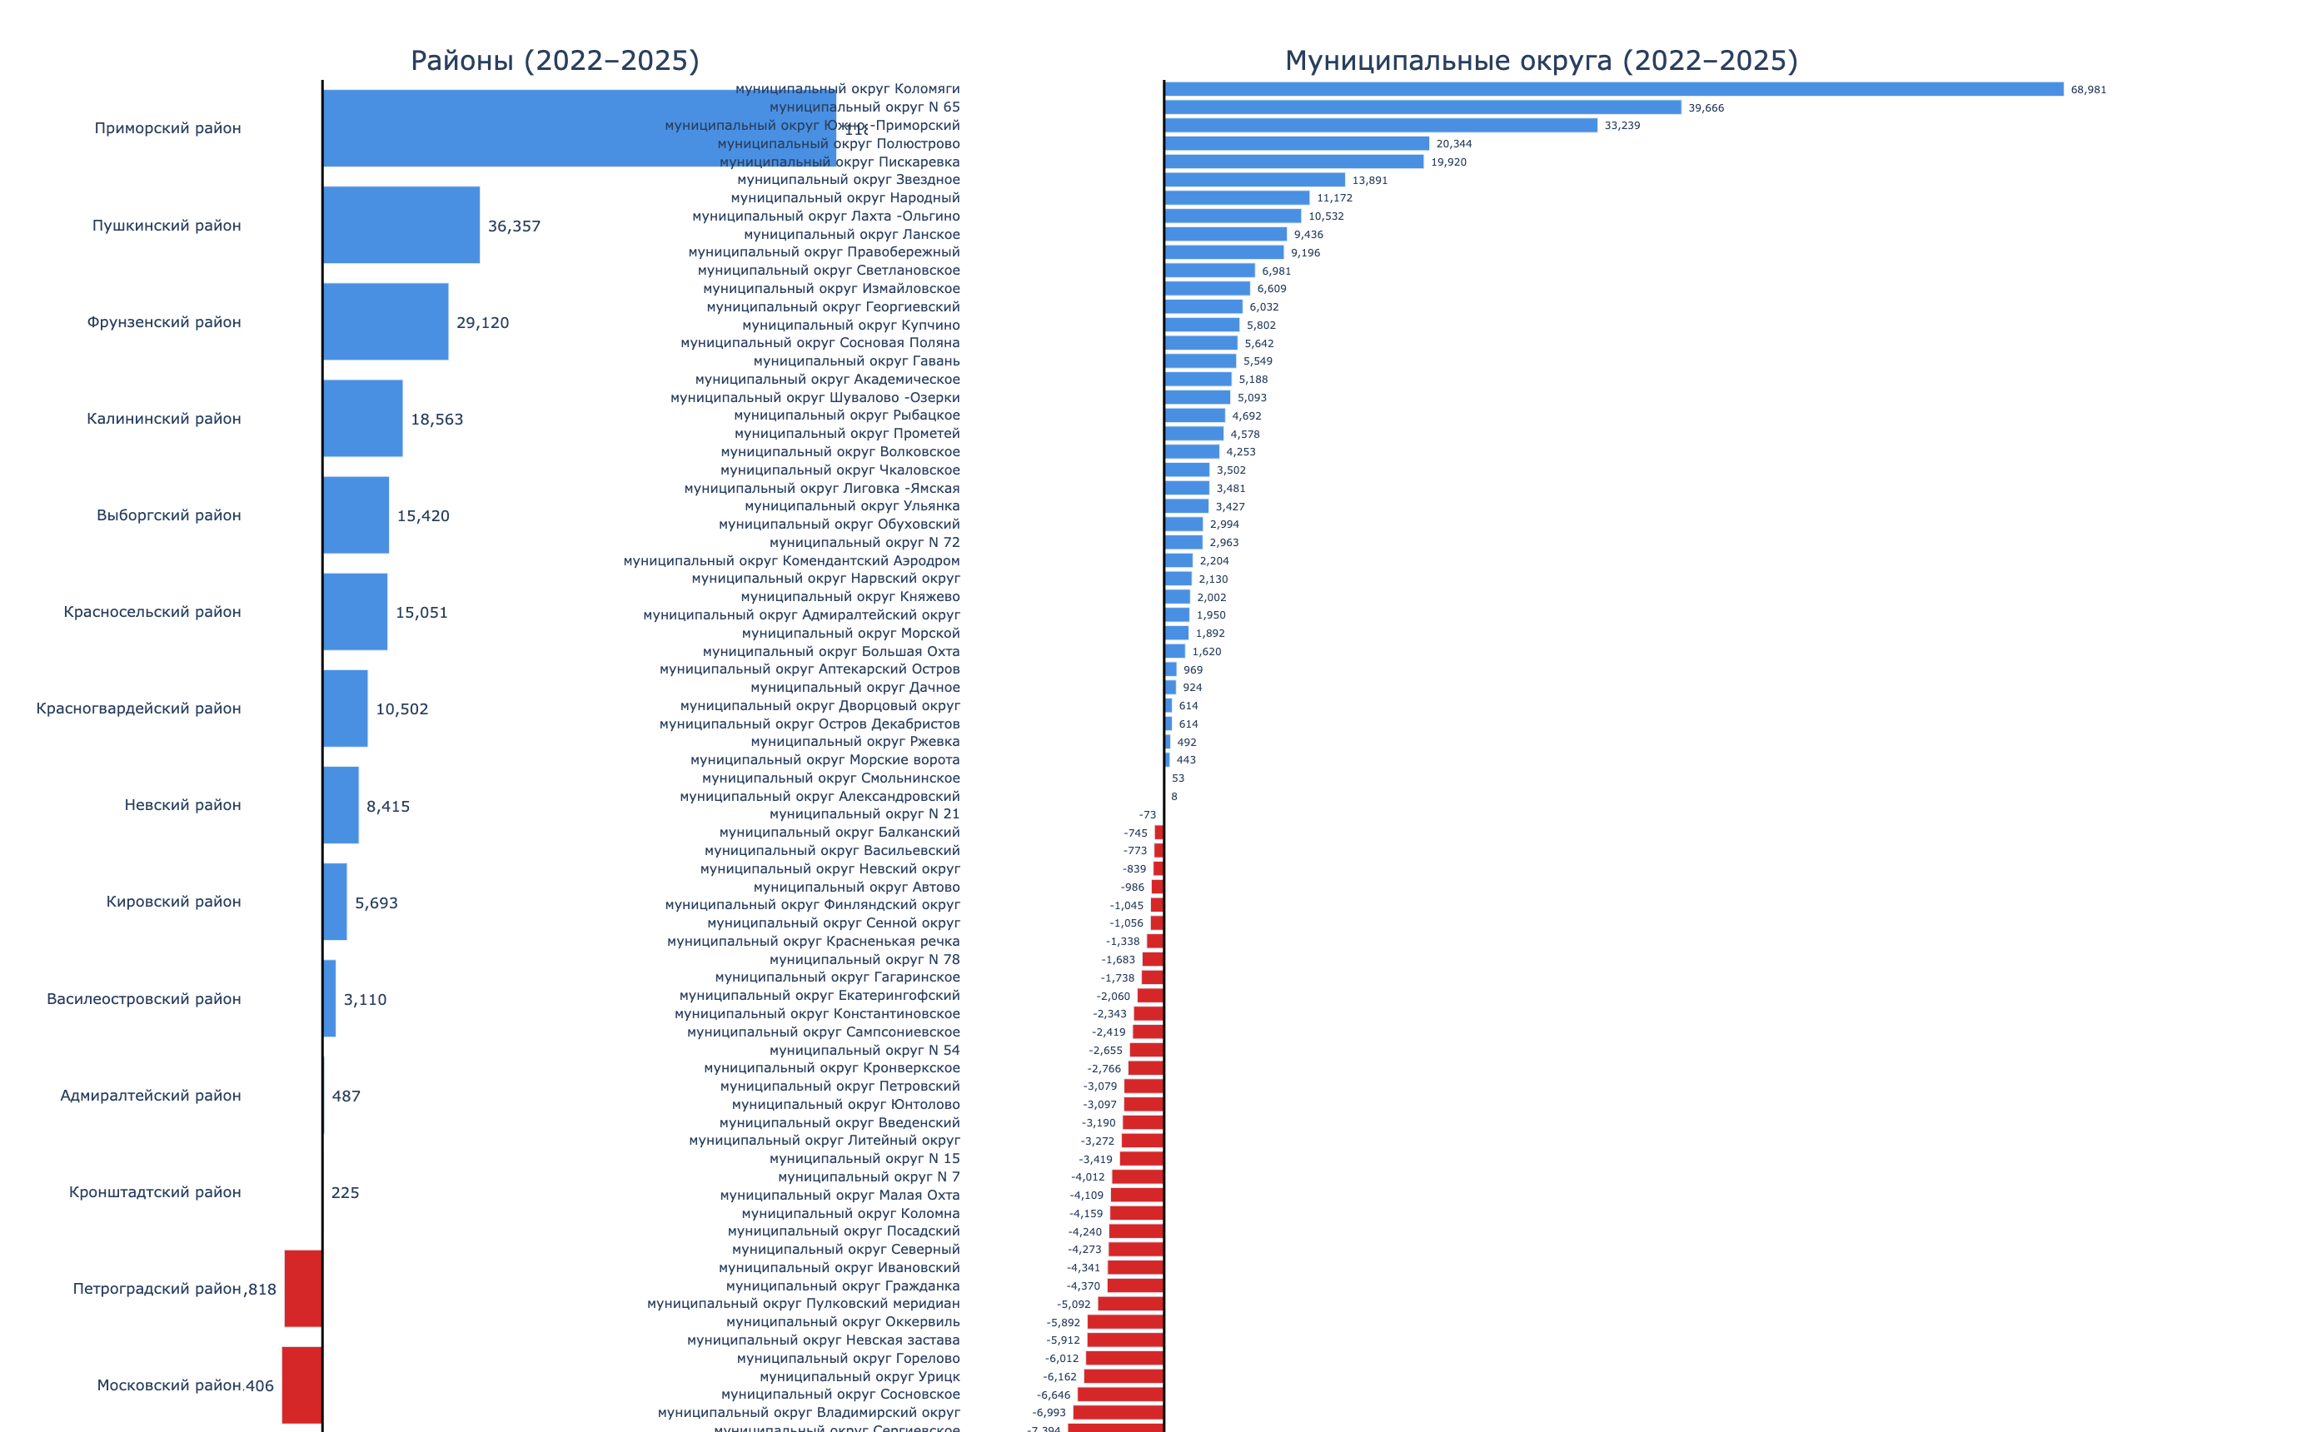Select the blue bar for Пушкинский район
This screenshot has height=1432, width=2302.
(401, 226)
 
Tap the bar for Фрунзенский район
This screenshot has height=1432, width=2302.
(386, 322)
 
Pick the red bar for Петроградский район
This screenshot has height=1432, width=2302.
(303, 1288)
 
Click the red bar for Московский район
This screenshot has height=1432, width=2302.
(302, 1385)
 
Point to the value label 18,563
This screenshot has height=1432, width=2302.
(436, 420)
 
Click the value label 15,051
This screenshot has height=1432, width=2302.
(421, 613)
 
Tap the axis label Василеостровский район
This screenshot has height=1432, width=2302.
(143, 998)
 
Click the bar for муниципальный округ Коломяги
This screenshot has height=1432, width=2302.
(1613, 89)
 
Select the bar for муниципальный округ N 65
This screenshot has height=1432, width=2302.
(1423, 107)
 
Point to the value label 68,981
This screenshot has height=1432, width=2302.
(2088, 90)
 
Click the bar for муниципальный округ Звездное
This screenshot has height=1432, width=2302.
(1254, 180)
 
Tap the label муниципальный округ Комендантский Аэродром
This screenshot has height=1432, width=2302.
(791, 560)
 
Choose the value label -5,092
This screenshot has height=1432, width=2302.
(1074, 1304)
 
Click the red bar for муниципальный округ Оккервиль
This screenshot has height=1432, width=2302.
(1125, 1322)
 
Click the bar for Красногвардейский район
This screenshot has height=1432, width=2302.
(345, 709)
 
